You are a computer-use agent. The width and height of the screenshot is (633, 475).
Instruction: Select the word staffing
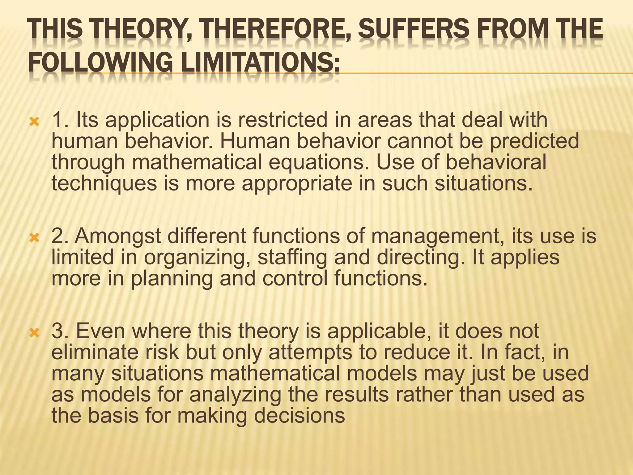pos(292,257)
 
